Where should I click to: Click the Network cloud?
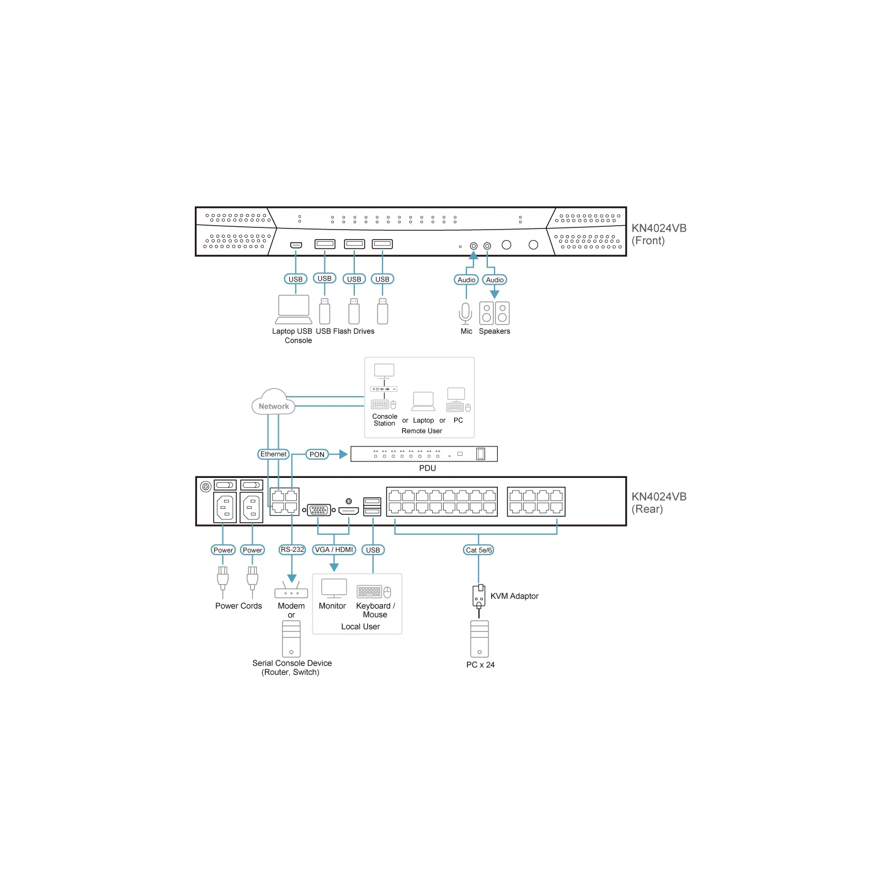click(x=273, y=402)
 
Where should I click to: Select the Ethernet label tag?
click(x=274, y=454)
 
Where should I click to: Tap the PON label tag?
click(x=317, y=455)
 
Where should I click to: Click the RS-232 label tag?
click(x=292, y=550)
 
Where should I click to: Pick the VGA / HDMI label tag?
click(x=334, y=550)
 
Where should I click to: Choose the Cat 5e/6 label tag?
click(x=478, y=550)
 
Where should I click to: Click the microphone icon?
click(x=466, y=313)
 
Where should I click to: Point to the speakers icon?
click(x=494, y=313)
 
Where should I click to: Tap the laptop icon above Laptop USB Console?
click(x=294, y=310)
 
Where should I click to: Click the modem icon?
click(x=291, y=590)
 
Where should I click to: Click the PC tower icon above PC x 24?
click(x=480, y=639)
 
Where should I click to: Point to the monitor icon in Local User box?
click(x=334, y=588)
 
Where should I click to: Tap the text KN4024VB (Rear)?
click(x=659, y=503)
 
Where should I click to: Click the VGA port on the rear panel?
click(x=319, y=510)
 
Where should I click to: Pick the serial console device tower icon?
click(x=291, y=639)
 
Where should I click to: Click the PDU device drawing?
click(x=424, y=454)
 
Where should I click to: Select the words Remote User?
click(x=422, y=431)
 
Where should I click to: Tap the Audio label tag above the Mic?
click(x=466, y=280)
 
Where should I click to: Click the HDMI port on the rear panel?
click(x=349, y=510)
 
